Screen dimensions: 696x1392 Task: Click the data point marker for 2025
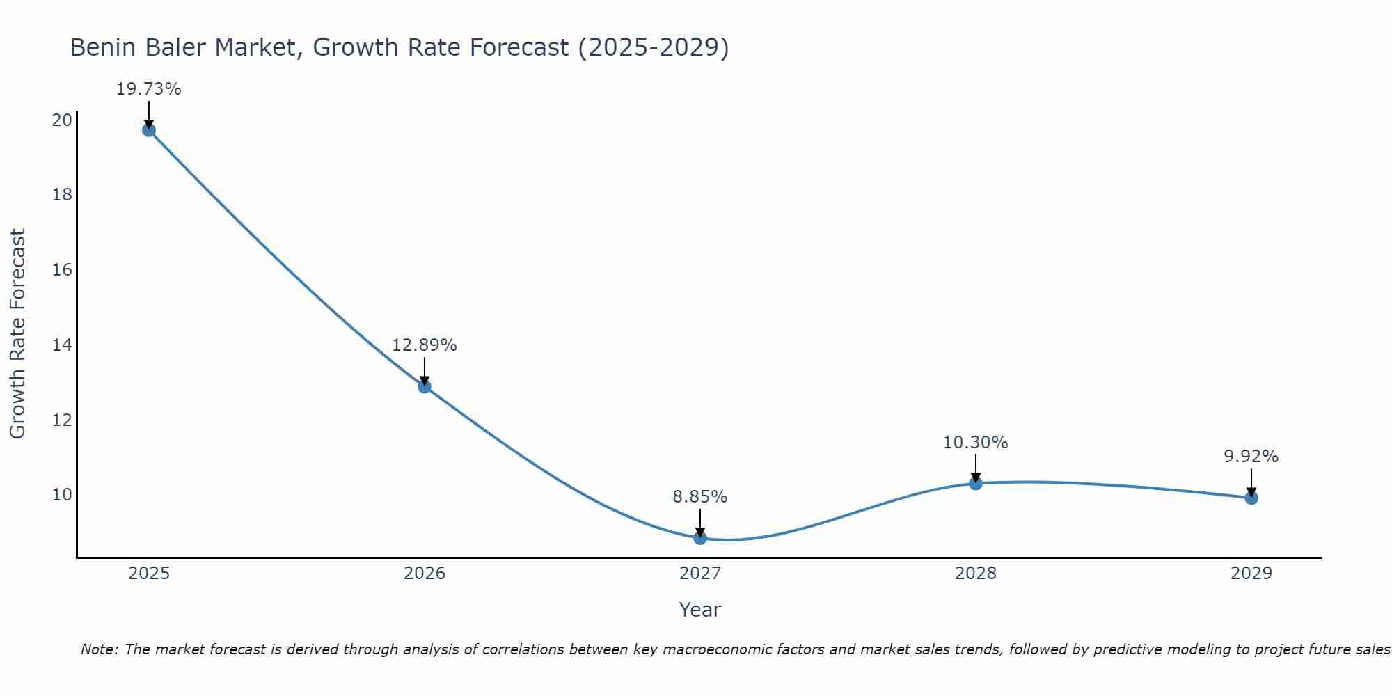[148, 129]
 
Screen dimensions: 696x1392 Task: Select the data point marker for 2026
[425, 386]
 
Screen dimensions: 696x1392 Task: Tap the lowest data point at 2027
[700, 538]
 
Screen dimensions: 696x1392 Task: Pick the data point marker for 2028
[976, 483]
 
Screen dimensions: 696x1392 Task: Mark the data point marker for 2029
[1251, 498]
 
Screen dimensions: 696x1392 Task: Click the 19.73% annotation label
[148, 89]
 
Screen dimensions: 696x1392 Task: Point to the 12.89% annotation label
[424, 345]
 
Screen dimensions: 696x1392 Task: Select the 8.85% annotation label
[699, 497]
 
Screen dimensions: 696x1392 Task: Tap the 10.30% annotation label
[975, 443]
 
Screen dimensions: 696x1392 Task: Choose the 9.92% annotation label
[1251, 457]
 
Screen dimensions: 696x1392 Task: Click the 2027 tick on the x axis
[700, 574]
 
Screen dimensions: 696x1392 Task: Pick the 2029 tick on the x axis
[1251, 574]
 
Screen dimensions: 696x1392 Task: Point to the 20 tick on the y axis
[62, 120]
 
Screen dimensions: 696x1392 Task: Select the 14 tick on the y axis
[62, 345]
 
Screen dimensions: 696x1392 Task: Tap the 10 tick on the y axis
[62, 495]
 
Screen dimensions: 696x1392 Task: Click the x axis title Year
[699, 610]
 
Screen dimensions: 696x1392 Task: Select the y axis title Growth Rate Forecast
[17, 333]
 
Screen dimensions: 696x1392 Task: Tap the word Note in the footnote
[99, 649]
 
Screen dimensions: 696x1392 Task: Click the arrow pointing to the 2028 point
[976, 468]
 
